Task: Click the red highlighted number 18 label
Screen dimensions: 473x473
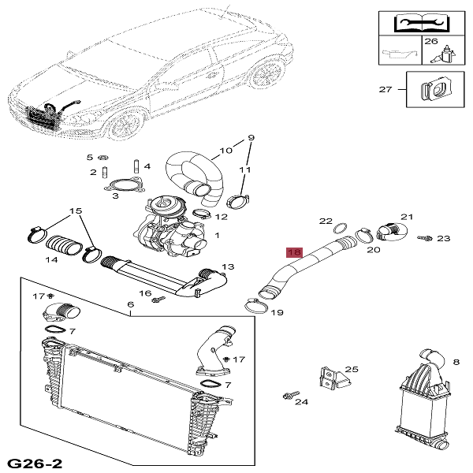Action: click(294, 253)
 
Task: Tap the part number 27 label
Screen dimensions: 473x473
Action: click(385, 90)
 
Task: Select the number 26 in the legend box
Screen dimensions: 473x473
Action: click(431, 41)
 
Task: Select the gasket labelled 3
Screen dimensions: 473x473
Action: click(122, 188)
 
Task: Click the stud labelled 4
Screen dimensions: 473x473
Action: click(136, 167)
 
